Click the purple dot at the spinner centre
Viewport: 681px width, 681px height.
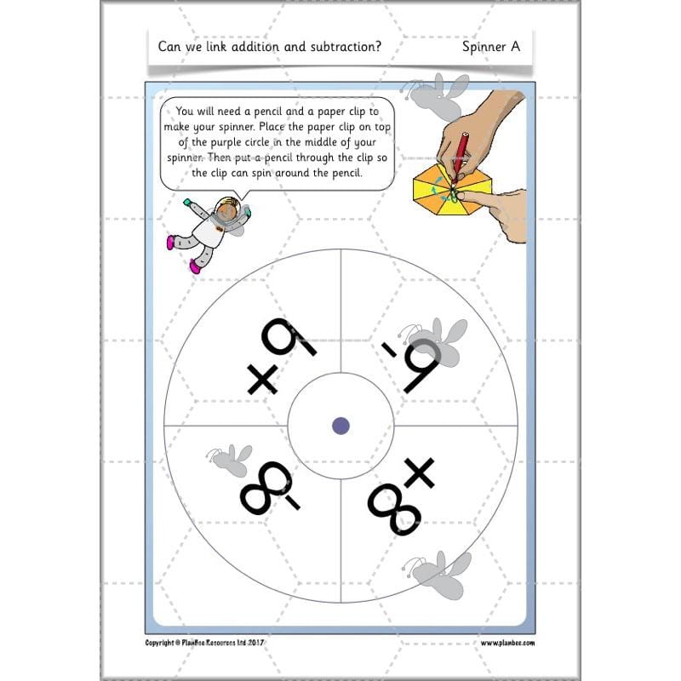[340, 425]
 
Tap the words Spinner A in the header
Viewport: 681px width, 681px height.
[491, 47]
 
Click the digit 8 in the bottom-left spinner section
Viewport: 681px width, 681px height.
[260, 494]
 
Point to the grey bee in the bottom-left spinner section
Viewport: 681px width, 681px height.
[229, 460]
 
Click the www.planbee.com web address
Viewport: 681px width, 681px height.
[507, 644]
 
